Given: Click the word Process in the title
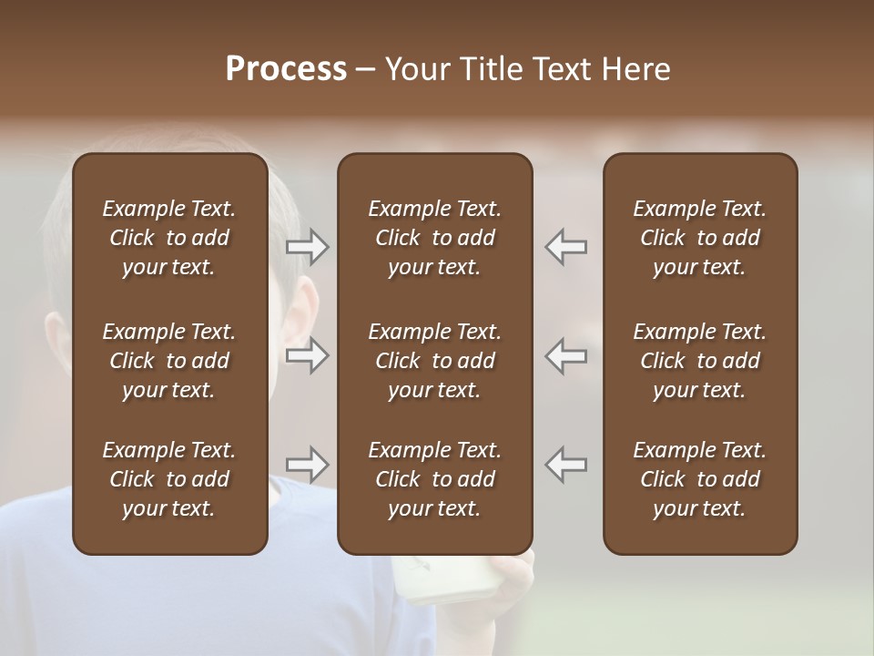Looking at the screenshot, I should pos(286,69).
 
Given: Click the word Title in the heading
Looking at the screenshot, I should pos(493,69).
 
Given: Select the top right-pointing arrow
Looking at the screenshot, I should pos(308,247).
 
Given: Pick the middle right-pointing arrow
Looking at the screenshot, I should pos(308,355).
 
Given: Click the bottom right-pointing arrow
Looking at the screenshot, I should pos(308,465).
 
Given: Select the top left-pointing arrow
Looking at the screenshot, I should pos(566,247).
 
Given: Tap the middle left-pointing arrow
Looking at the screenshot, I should pos(566,355).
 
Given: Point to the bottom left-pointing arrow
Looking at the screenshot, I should pos(566,465).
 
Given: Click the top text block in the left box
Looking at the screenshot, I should pos(169,238).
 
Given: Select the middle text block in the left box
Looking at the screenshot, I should pos(169,361).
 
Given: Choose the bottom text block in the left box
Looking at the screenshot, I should pos(169,479).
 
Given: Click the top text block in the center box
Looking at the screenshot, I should pos(434,238).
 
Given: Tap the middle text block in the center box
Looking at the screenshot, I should pos(434,361).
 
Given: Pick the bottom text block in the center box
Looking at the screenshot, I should pos(434,479).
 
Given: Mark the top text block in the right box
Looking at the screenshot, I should pos(699,238).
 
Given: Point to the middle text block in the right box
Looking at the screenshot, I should pos(699,361).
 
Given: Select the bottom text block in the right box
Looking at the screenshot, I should pos(699,479).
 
